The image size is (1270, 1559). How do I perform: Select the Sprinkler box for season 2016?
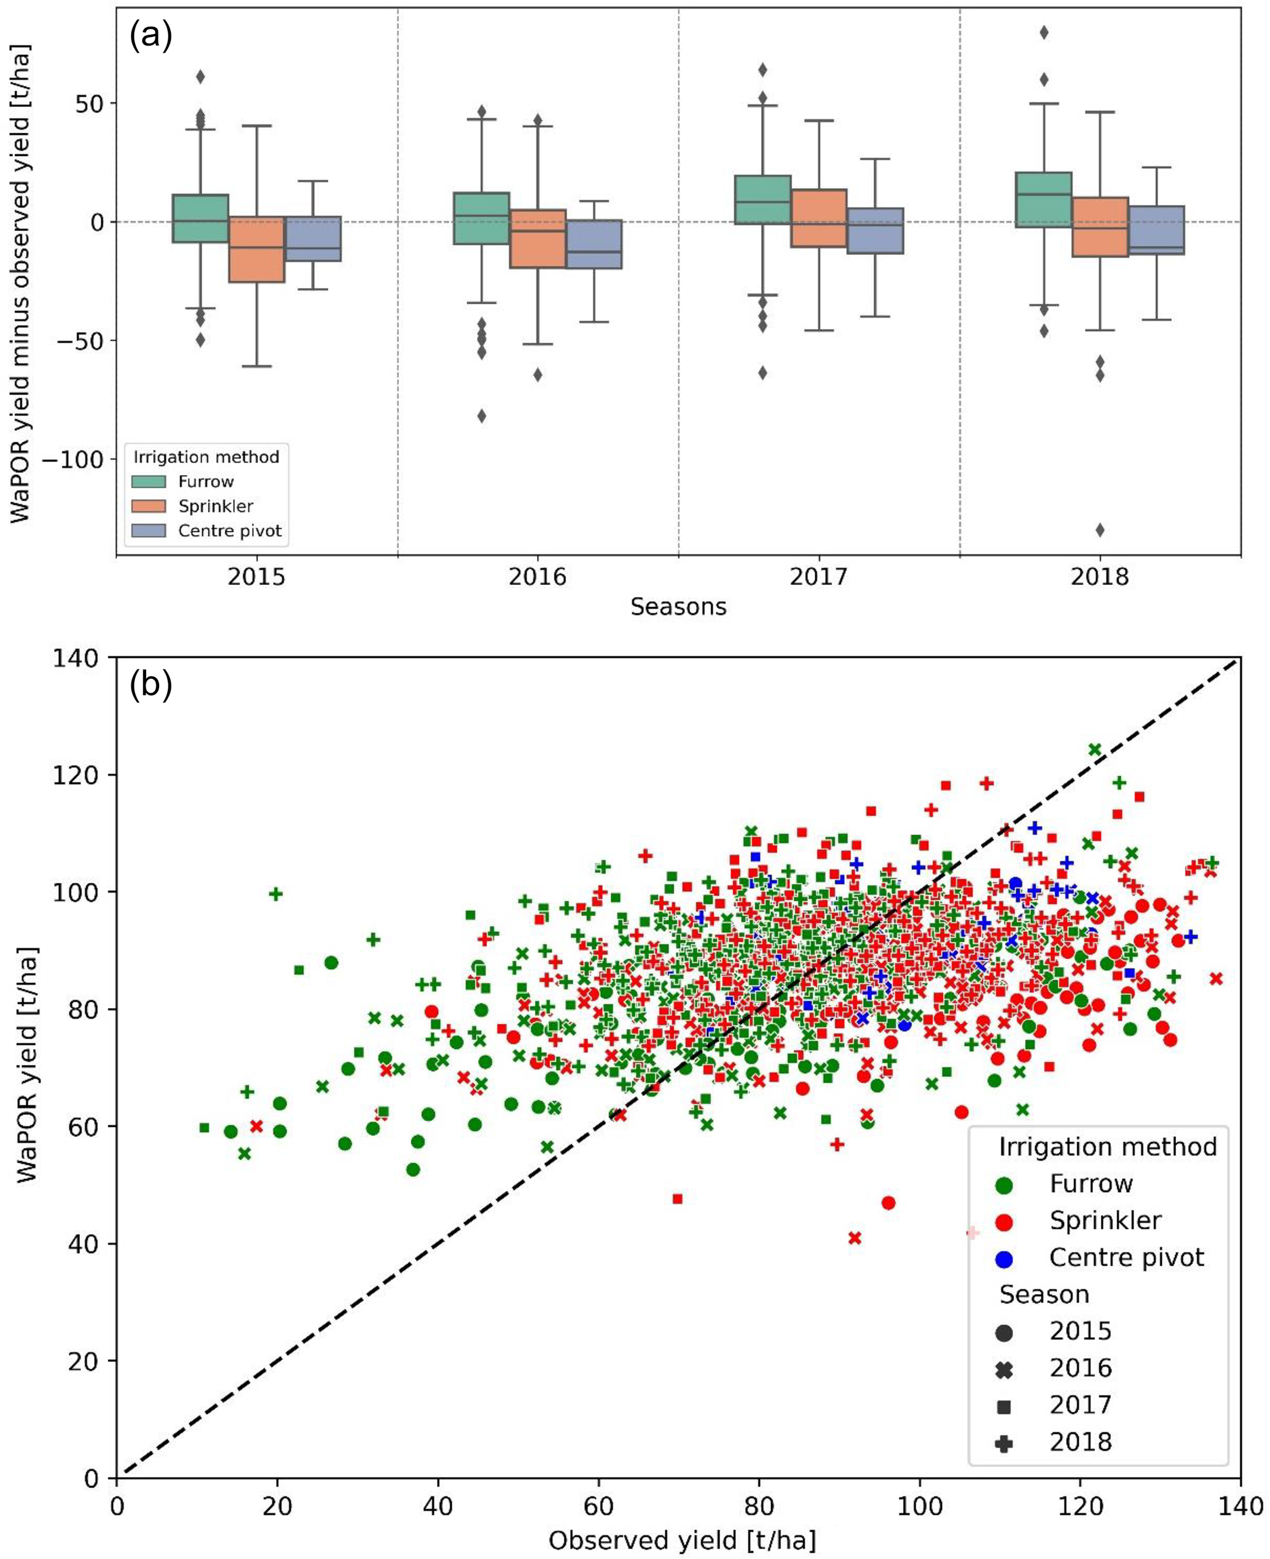click(538, 239)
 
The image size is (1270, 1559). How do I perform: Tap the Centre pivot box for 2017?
click(875, 230)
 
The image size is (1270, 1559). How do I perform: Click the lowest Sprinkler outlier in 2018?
click(1100, 530)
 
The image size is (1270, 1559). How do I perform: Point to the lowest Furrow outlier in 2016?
click(481, 416)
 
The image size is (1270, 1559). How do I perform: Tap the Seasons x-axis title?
click(678, 607)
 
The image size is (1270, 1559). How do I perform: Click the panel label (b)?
click(150, 684)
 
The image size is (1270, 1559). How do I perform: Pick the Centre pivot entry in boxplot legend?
click(230, 531)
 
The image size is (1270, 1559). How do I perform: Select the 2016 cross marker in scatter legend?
click(1005, 1368)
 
